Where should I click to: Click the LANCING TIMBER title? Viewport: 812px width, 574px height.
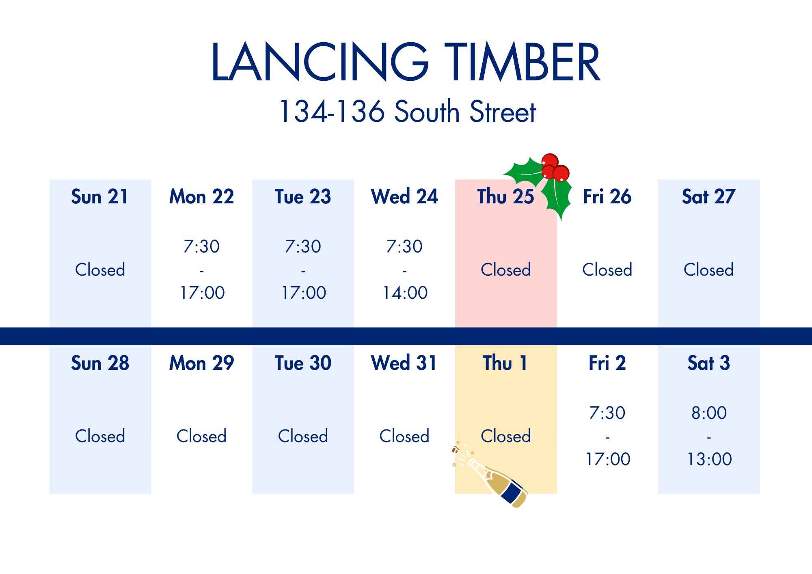pyautogui.click(x=406, y=62)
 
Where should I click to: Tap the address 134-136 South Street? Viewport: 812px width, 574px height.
pyautogui.click(x=407, y=111)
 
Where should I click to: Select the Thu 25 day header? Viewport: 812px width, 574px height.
pyautogui.click(x=505, y=196)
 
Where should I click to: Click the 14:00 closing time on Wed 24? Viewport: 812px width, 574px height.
pyautogui.click(x=405, y=293)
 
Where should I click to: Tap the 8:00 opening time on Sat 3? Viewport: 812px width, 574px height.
pyautogui.click(x=709, y=413)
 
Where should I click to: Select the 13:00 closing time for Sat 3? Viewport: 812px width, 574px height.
pyautogui.click(x=709, y=459)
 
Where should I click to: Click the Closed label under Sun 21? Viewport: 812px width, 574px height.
pyautogui.click(x=100, y=270)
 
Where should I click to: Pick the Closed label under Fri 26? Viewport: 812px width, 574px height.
pyautogui.click(x=607, y=270)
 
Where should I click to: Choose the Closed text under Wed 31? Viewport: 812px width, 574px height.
pyautogui.click(x=404, y=436)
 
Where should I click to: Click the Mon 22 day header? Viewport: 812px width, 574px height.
pyautogui.click(x=201, y=196)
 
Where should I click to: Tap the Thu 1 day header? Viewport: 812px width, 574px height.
pyautogui.click(x=505, y=363)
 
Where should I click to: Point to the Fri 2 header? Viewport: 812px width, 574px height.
pyautogui.click(x=607, y=363)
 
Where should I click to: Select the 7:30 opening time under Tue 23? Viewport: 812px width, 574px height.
pyautogui.click(x=303, y=246)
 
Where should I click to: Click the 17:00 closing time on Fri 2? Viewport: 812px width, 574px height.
pyautogui.click(x=608, y=459)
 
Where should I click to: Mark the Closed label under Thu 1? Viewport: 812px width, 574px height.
pyautogui.click(x=506, y=436)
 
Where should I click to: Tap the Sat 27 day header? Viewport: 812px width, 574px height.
pyautogui.click(x=708, y=196)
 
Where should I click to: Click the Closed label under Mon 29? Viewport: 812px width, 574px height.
pyautogui.click(x=201, y=436)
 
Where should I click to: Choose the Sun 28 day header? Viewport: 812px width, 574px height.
pyautogui.click(x=100, y=363)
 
